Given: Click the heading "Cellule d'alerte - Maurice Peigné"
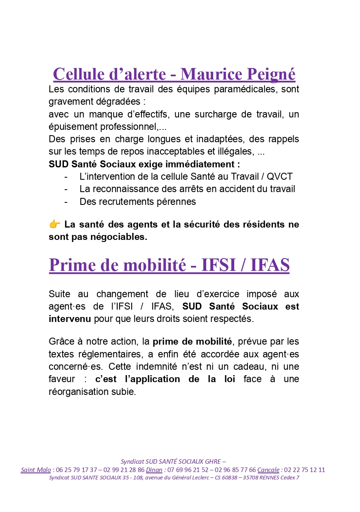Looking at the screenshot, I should [x=174, y=74].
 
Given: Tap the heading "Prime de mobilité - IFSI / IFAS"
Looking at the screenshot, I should [x=169, y=265].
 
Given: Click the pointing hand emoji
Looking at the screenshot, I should [x=54, y=225].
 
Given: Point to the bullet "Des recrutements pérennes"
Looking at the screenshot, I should [x=137, y=202].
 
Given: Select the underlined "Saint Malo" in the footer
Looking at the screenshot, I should [x=36, y=470].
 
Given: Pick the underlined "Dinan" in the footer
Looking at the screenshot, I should [x=154, y=470].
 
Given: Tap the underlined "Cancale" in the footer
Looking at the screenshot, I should [x=268, y=470].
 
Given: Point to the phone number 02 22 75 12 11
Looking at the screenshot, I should [x=305, y=470].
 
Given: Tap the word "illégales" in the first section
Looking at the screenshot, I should [x=235, y=152].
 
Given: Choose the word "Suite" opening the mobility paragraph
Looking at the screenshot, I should [x=60, y=294].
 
